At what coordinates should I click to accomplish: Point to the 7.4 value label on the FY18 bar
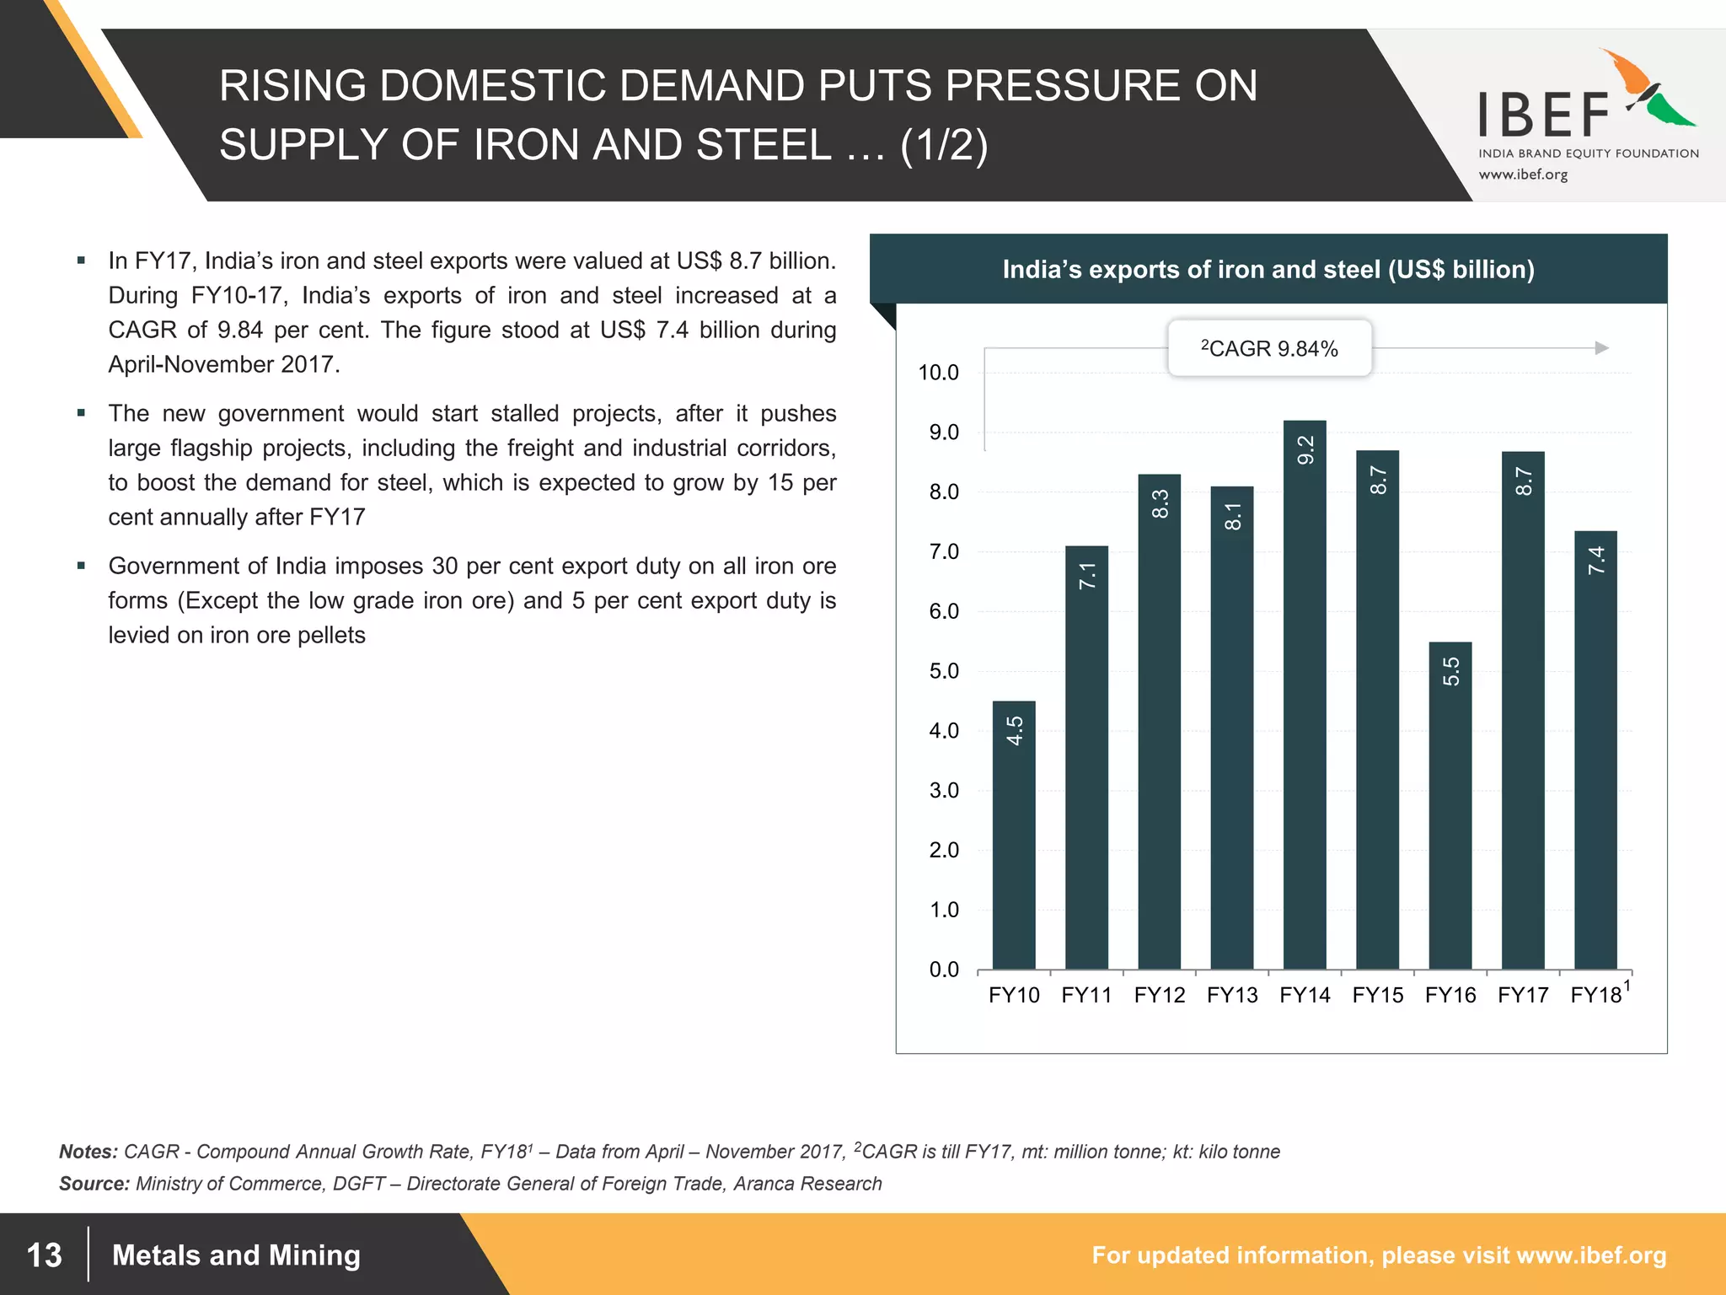pos(1596,561)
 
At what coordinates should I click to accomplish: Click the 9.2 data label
pos(1305,450)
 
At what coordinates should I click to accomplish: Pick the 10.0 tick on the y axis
pos(938,373)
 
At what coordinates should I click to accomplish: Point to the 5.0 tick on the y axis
pos(944,671)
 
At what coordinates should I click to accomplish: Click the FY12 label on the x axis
pos(1159,996)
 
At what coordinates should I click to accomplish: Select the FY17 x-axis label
pos(1523,996)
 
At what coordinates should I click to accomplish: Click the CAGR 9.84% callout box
pos(1269,348)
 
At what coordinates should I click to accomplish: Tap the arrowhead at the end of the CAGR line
pos(1602,348)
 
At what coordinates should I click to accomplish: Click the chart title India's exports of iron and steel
pos(1268,270)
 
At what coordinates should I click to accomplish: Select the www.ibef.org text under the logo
pos(1523,175)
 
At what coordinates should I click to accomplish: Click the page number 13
pos(45,1255)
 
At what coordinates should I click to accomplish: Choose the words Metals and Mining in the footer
pos(236,1255)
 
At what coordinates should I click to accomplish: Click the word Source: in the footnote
pos(94,1184)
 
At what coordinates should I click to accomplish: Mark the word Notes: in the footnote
pos(88,1152)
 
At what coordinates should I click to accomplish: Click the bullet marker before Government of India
pos(81,566)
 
